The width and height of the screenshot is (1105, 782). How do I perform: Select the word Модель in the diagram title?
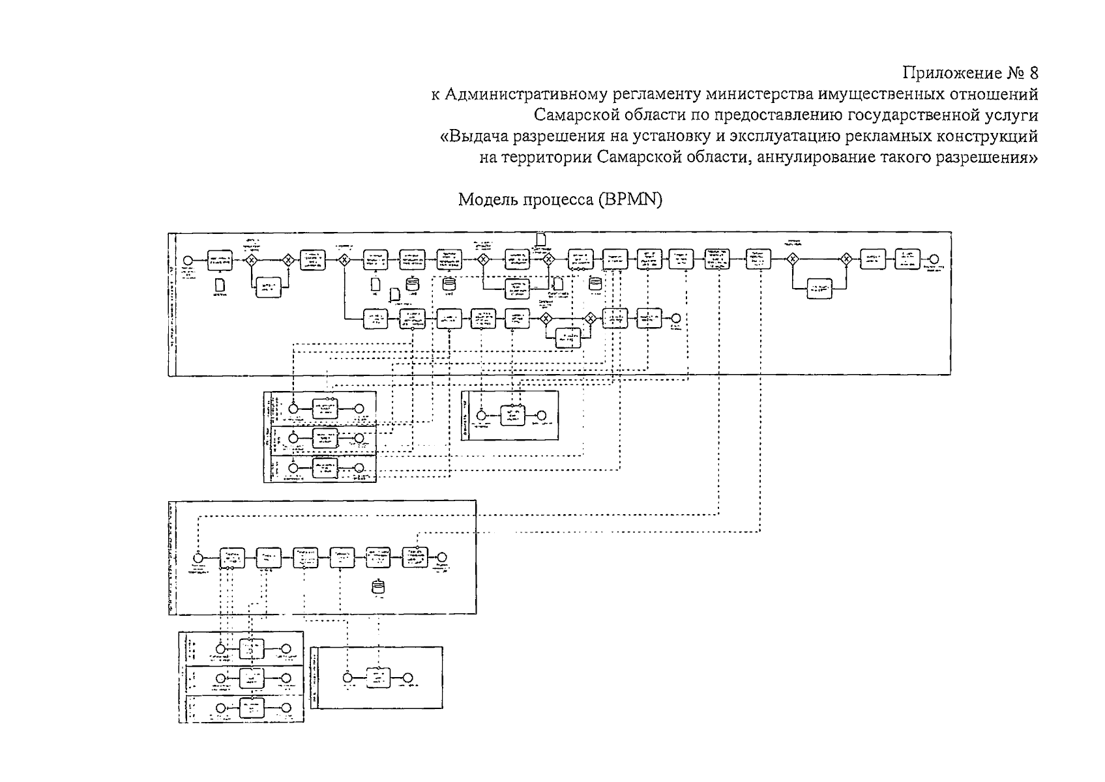485,199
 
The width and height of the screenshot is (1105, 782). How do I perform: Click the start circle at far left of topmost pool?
188,259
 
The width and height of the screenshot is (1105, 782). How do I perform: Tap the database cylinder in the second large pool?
376,586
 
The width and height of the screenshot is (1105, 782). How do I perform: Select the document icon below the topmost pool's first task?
220,285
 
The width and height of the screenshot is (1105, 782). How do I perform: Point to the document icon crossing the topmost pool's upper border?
540,239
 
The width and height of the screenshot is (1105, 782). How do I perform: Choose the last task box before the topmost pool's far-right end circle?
907,259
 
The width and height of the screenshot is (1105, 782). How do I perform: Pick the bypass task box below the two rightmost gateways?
819,288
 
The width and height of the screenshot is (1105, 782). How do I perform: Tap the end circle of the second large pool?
442,558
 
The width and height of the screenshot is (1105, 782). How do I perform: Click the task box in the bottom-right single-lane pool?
377,677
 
